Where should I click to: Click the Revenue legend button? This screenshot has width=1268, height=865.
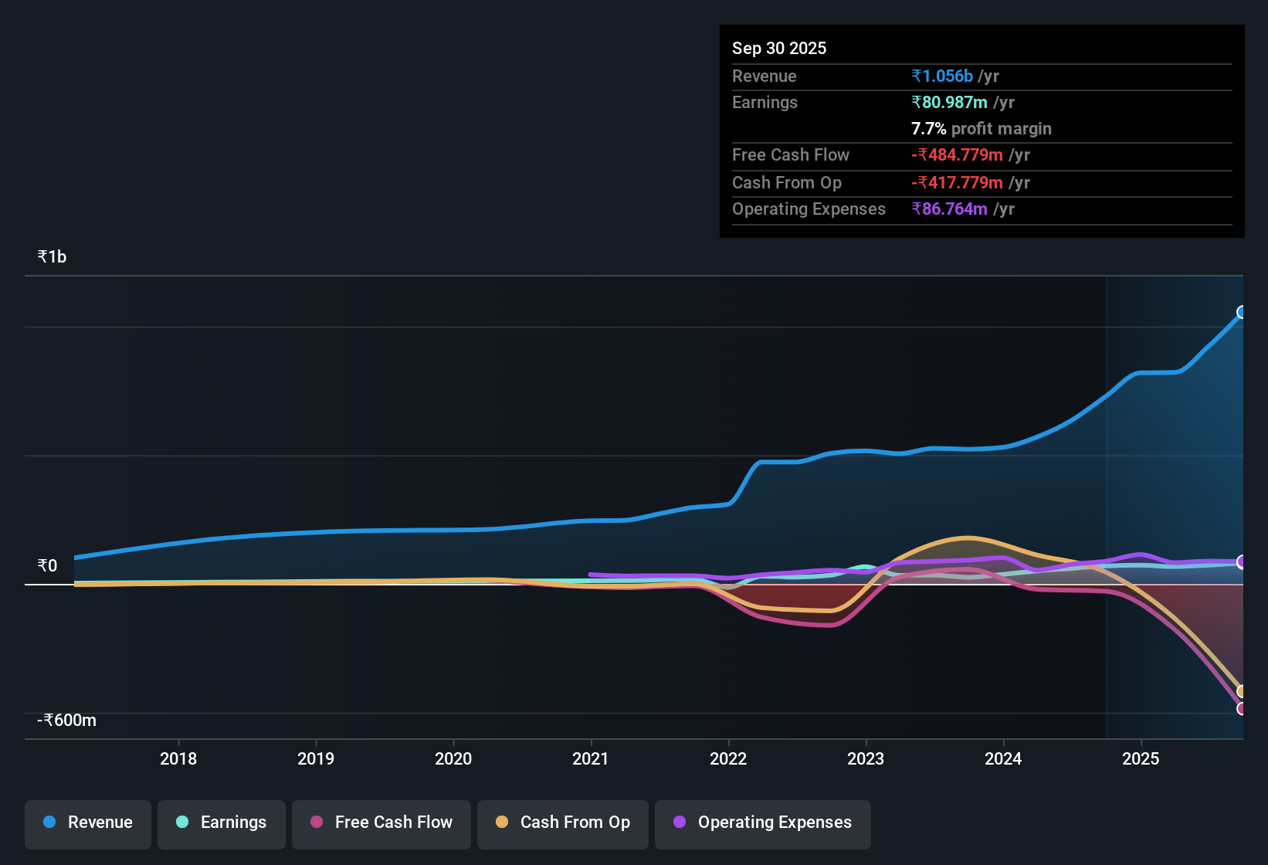pyautogui.click(x=88, y=823)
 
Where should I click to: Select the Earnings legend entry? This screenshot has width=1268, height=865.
pyautogui.click(x=222, y=823)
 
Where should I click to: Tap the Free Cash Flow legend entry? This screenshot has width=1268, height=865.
pyautogui.click(x=381, y=823)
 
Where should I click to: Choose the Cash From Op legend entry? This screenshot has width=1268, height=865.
pyautogui.click(x=563, y=823)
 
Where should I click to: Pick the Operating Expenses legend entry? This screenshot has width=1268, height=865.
pyautogui.click(x=763, y=823)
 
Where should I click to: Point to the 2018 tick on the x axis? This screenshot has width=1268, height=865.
pyautogui.click(x=178, y=758)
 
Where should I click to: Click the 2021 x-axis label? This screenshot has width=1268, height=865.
pyautogui.click(x=591, y=758)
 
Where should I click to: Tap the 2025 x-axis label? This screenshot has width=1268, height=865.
pyautogui.click(x=1141, y=758)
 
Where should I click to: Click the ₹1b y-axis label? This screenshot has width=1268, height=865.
pyautogui.click(x=53, y=257)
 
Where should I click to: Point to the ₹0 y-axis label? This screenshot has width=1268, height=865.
pyautogui.click(x=48, y=566)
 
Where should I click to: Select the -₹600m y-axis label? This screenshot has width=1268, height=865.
pyautogui.click(x=67, y=721)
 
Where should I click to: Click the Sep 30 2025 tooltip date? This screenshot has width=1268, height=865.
pyautogui.click(x=779, y=49)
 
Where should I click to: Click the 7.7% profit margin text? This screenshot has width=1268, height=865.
pyautogui.click(x=981, y=129)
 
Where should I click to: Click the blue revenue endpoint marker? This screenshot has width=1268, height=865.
pyautogui.click(x=1242, y=312)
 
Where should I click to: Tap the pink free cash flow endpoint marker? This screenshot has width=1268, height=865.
pyautogui.click(x=1242, y=708)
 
